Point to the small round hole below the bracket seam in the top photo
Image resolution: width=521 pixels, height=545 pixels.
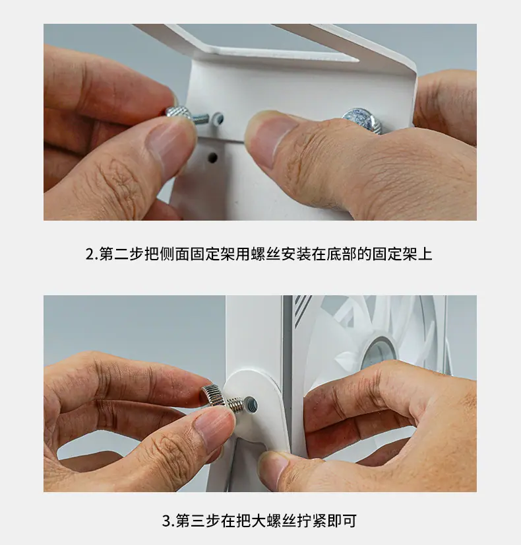point(212,157)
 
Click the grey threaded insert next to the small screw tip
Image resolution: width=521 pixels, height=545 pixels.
point(217,119)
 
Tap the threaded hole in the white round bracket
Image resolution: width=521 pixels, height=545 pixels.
point(251,404)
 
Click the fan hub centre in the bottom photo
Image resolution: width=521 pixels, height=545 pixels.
point(379,354)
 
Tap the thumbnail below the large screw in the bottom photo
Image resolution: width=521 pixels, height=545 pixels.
point(214,427)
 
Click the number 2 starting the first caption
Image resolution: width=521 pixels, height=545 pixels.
point(90,254)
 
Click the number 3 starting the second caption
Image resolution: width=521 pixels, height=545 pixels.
point(167,521)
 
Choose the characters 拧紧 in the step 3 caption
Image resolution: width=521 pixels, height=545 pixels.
point(312,521)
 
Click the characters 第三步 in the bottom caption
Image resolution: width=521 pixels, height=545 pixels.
point(198,521)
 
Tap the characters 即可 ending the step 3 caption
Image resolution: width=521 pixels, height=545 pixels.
point(342,521)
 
